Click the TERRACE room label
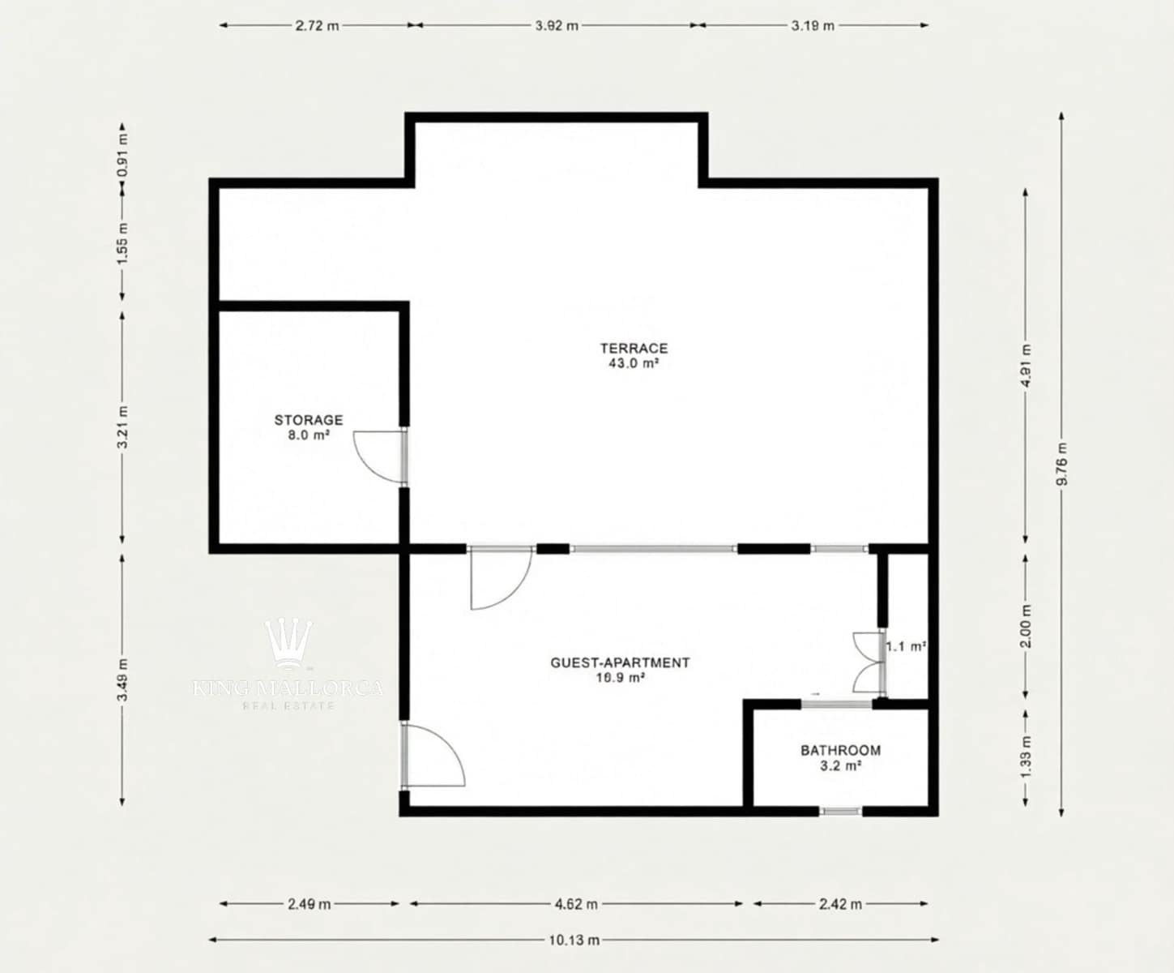pos(634,355)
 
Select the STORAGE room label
pos(308,426)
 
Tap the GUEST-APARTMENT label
pos(620,669)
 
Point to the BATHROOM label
pos(840,757)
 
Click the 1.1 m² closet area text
pos(906,646)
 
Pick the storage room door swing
pos(378,456)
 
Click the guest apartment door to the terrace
pos(500,577)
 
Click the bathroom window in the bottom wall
pos(840,810)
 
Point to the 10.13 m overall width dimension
pos(574,940)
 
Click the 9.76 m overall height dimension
pos(1061,464)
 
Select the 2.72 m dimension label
pos(317,25)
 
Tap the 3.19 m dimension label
pos(813,25)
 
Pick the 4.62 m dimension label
pos(576,903)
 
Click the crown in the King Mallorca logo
pos(289,641)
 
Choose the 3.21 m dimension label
pos(122,426)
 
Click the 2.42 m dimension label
pos(840,903)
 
